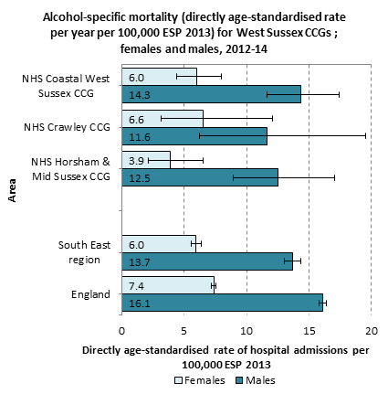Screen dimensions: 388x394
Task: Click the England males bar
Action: tap(222, 303)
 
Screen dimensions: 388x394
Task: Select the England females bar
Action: tap(168, 285)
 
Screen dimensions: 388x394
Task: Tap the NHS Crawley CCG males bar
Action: tap(194, 136)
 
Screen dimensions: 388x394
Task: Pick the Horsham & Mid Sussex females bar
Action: tap(146, 160)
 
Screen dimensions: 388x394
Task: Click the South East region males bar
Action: tap(207, 261)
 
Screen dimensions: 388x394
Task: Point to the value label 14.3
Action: tap(140, 95)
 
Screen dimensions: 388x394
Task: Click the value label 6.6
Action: tap(136, 120)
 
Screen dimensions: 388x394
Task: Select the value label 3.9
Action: tap(136, 161)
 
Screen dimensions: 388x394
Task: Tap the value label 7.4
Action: tap(136, 286)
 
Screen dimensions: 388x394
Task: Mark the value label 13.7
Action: tap(140, 262)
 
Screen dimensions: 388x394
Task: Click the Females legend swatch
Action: tap(179, 380)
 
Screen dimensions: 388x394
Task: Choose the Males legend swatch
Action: tap(239, 380)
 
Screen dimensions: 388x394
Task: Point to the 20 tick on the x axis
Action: tap(372, 331)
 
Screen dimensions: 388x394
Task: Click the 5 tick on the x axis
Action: tap(184, 331)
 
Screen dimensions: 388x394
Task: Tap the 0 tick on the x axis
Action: tap(121, 331)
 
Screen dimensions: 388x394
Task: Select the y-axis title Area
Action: tap(12, 190)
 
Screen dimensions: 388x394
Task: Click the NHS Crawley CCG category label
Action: tap(67, 127)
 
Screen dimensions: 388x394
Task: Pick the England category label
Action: tap(90, 294)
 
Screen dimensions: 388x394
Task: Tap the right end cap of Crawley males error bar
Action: tap(365, 136)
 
